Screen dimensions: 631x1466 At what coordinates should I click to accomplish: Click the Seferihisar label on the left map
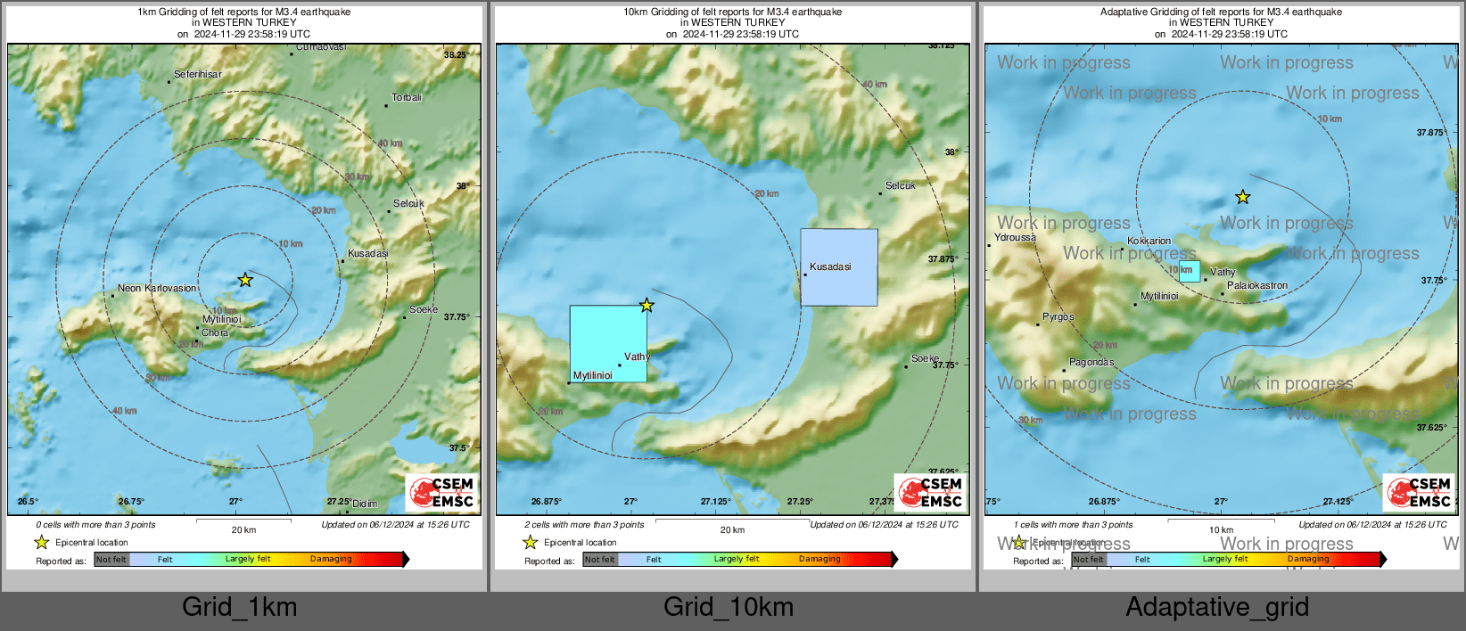coord(198,75)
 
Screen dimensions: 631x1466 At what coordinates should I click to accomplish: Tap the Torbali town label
coord(407,98)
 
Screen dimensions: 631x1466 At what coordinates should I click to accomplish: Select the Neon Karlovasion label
coord(157,289)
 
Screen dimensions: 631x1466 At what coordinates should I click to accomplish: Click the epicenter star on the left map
coord(245,280)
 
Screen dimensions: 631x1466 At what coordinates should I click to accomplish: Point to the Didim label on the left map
coord(364,504)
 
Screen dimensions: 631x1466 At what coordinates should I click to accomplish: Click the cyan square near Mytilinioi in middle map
coord(608,344)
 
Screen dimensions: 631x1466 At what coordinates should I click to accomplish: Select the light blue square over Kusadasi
coord(838,267)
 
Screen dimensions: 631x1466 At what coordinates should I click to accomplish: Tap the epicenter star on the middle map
coord(647,306)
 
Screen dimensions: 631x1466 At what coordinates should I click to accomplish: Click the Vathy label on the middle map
coord(637,356)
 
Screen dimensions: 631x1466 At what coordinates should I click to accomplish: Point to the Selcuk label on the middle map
coord(900,186)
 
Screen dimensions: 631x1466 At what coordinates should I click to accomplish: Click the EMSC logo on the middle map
coord(931,493)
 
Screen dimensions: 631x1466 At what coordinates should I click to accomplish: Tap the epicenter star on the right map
coord(1242,197)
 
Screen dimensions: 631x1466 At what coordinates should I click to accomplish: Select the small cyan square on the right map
coord(1190,272)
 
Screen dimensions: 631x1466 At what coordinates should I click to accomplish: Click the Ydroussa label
coord(1015,238)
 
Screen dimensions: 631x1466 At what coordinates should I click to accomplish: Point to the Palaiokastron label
coord(1256,286)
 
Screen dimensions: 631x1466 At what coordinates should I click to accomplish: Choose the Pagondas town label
coord(1091,363)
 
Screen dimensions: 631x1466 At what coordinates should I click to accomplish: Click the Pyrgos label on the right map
coord(1058,317)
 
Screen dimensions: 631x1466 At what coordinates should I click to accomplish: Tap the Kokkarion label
coord(1149,242)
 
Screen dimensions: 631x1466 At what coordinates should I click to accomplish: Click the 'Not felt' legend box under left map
coord(111,560)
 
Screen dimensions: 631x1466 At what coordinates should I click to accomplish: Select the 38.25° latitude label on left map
coord(455,55)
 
